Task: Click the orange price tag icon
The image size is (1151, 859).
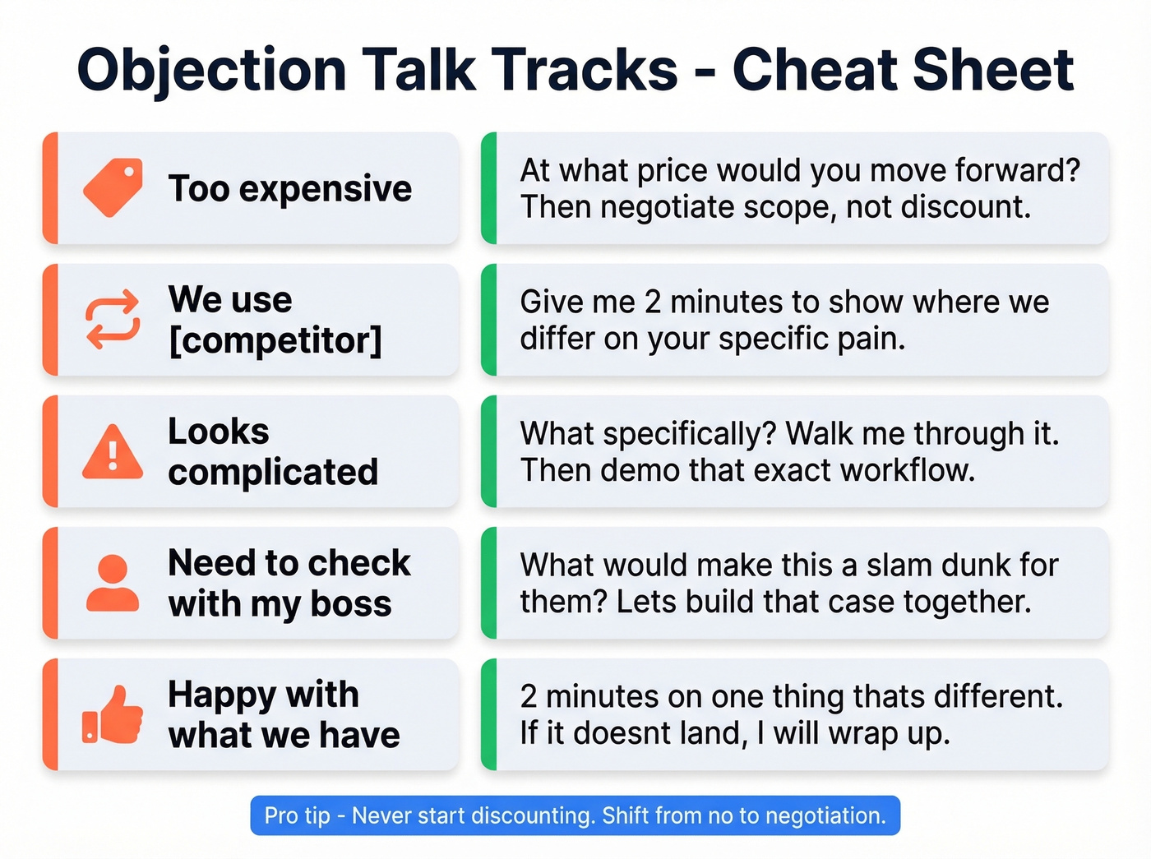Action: click(113, 187)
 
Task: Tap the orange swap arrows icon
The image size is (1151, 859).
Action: click(113, 319)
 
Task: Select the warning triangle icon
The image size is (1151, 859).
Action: click(113, 452)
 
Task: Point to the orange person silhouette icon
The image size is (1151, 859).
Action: click(113, 583)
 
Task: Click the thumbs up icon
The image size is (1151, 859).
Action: click(113, 715)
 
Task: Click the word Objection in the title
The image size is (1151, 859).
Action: click(211, 69)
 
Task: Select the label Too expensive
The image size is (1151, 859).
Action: click(289, 188)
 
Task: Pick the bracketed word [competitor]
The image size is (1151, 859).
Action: click(275, 340)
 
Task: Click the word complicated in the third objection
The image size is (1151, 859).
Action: click(273, 472)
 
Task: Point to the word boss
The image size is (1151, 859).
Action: click(351, 603)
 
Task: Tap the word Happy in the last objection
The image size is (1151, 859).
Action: click(221, 695)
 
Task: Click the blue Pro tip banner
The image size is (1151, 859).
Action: click(575, 815)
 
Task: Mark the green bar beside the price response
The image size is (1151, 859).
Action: click(489, 188)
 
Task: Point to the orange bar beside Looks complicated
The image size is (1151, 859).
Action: click(50, 451)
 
